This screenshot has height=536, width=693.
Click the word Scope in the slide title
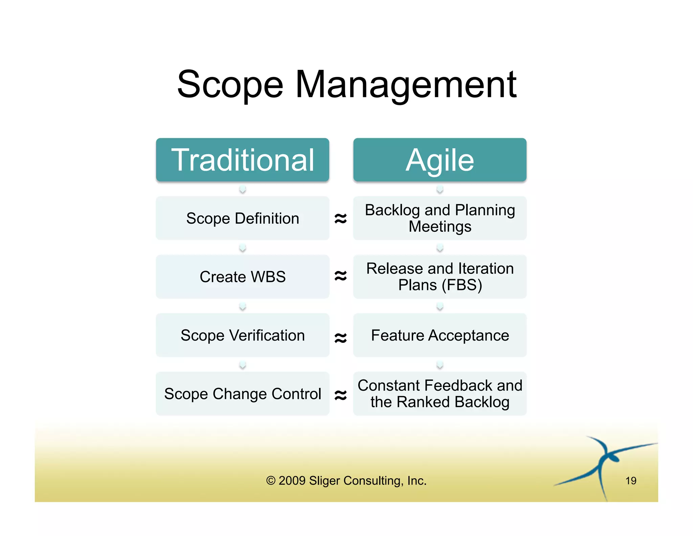230,85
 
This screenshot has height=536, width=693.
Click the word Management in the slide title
406,85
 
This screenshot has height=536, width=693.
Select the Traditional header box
242,160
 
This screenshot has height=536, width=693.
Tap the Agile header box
440,160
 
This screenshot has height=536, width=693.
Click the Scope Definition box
242,218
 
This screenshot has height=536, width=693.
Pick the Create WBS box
242,277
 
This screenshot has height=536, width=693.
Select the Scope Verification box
242,335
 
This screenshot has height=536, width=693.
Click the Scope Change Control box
242,394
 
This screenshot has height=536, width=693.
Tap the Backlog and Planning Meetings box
440,218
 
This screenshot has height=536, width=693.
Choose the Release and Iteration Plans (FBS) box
440,277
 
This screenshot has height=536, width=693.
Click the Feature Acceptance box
440,335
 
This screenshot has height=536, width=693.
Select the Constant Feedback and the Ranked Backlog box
440,394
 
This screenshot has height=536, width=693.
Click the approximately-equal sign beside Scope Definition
341,219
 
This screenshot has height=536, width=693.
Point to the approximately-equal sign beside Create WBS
341,276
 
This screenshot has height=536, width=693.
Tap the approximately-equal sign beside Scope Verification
341,337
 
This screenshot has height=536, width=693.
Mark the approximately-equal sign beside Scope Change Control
341,395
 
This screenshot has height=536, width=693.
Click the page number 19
631,480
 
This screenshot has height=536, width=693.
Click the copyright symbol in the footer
270,480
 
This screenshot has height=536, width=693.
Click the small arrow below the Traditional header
242,189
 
